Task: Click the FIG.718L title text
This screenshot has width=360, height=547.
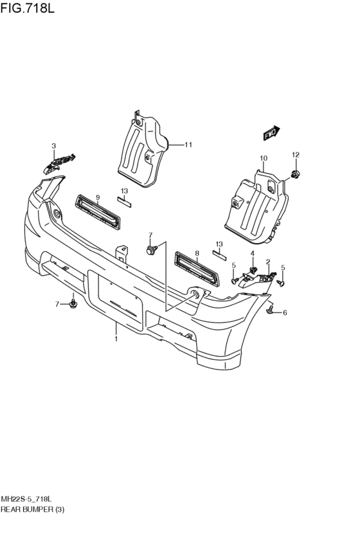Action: [28, 8]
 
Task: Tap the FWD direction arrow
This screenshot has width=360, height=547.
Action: [271, 133]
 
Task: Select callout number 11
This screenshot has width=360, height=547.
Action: [188, 145]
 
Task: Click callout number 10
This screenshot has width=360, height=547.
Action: [264, 158]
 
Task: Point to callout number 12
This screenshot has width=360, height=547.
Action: [296, 155]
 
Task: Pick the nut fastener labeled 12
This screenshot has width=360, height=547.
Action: [296, 174]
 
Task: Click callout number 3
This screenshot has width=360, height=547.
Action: [54, 146]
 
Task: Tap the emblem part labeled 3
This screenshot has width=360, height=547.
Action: [59, 163]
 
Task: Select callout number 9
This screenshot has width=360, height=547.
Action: [98, 198]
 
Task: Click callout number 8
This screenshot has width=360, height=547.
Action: [197, 254]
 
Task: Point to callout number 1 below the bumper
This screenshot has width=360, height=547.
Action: [116, 339]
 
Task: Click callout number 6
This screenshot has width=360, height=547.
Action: [285, 312]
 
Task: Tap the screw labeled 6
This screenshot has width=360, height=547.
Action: [271, 309]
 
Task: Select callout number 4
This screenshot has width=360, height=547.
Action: [252, 253]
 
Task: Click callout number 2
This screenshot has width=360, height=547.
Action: [268, 262]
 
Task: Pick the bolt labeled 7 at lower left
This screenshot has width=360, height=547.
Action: [73, 303]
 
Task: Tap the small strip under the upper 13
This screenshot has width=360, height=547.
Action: [124, 202]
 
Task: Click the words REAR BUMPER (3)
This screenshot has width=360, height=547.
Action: [32, 509]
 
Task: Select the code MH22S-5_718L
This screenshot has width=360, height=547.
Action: [26, 499]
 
